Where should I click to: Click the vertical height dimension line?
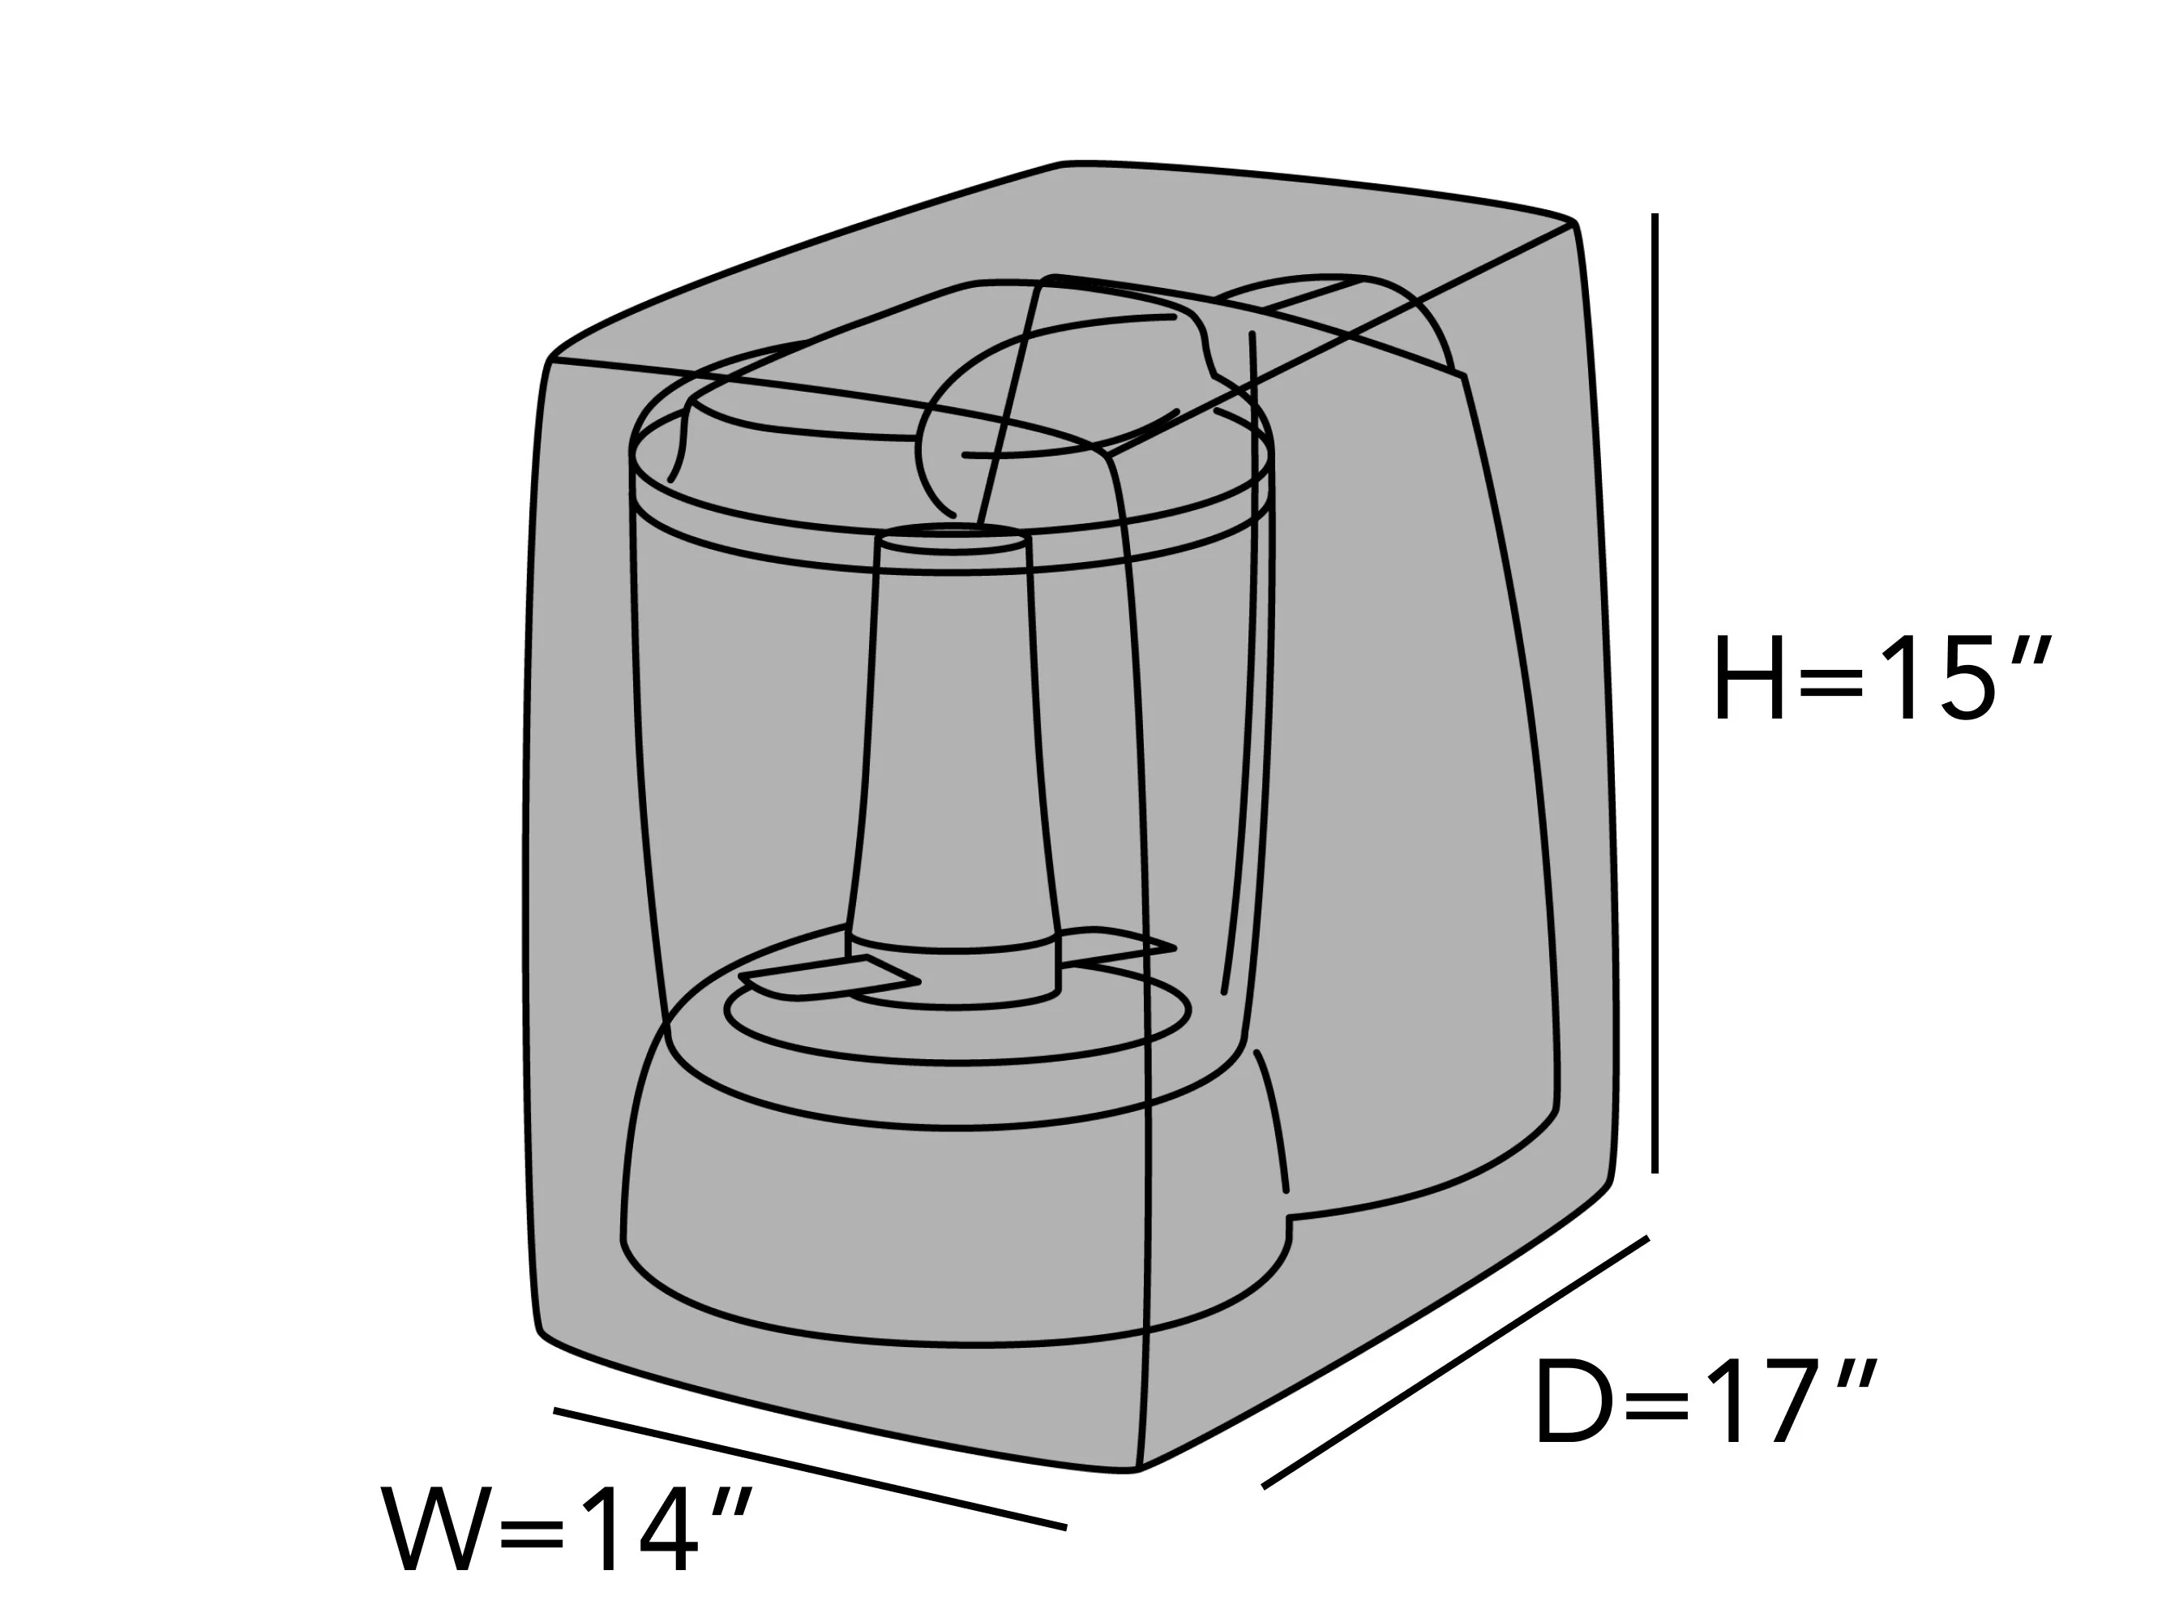pos(1655,693)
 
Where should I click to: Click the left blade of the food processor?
pos(828,980)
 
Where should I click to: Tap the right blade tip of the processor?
pos(1175,947)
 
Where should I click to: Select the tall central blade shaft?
pos(954,762)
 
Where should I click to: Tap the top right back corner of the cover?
pos(1573,223)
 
